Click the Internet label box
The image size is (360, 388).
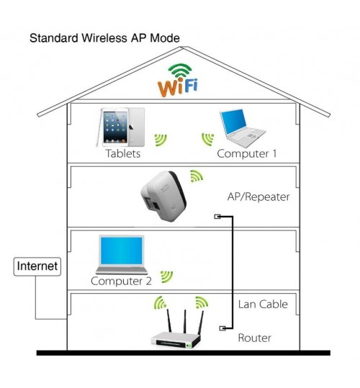pyautogui.click(x=37, y=266)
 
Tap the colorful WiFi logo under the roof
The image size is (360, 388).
pyautogui.click(x=178, y=81)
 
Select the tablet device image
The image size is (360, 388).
pyautogui.click(x=120, y=127)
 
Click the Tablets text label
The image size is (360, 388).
pyautogui.click(x=123, y=153)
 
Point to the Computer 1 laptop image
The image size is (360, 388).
pyautogui.click(x=242, y=127)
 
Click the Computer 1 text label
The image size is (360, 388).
pyautogui.click(x=247, y=153)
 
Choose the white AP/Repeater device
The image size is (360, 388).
pyautogui.click(x=163, y=196)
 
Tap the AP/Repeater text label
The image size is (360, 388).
pyautogui.click(x=258, y=197)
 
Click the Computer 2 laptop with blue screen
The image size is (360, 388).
pyautogui.click(x=122, y=255)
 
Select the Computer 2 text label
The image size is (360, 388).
pyautogui.click(x=121, y=281)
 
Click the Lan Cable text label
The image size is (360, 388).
pyautogui.click(x=263, y=304)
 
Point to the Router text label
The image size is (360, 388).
pyautogui.click(x=254, y=338)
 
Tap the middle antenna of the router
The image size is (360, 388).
pyautogui.click(x=184, y=321)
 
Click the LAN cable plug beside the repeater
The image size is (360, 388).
pyautogui.click(x=217, y=217)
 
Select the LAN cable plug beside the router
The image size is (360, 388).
pyautogui.click(x=222, y=328)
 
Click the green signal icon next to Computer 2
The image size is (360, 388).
pyautogui.click(x=166, y=277)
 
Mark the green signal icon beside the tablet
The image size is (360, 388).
pyautogui.click(x=161, y=140)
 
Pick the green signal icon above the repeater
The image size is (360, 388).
pyautogui.click(x=197, y=176)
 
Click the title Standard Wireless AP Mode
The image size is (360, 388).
pyautogui.click(x=104, y=38)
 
